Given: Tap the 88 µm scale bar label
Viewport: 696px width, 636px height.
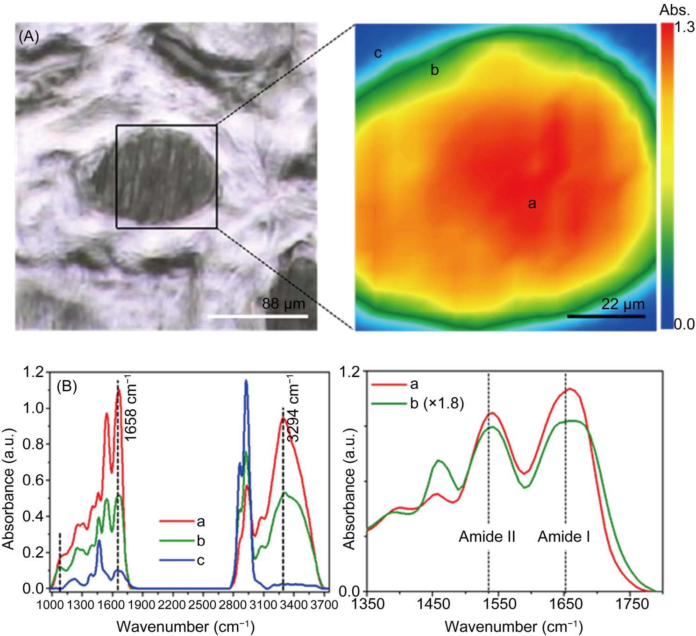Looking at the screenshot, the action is click(x=284, y=304).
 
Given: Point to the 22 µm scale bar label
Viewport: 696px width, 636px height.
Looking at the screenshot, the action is click(x=623, y=304).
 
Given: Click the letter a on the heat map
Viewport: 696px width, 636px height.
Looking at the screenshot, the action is click(x=532, y=204).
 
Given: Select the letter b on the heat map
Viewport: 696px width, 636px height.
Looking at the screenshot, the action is click(x=434, y=70).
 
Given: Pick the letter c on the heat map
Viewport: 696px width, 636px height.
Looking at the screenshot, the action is click(x=378, y=53).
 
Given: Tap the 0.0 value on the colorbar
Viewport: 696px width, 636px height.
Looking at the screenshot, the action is click(x=684, y=324).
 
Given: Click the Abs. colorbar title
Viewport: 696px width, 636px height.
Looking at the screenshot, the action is click(x=675, y=10).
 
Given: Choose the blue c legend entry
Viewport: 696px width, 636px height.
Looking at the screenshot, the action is click(x=182, y=560).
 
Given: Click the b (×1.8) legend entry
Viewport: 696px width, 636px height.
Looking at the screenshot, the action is click(x=418, y=404).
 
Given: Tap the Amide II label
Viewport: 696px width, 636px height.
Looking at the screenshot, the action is click(x=487, y=537).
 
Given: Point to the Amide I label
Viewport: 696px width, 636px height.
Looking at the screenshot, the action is click(x=564, y=537).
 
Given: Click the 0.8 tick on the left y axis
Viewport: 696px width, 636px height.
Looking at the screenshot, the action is click(x=33, y=444).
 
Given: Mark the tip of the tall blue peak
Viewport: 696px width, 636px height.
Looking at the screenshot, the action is click(x=246, y=380).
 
